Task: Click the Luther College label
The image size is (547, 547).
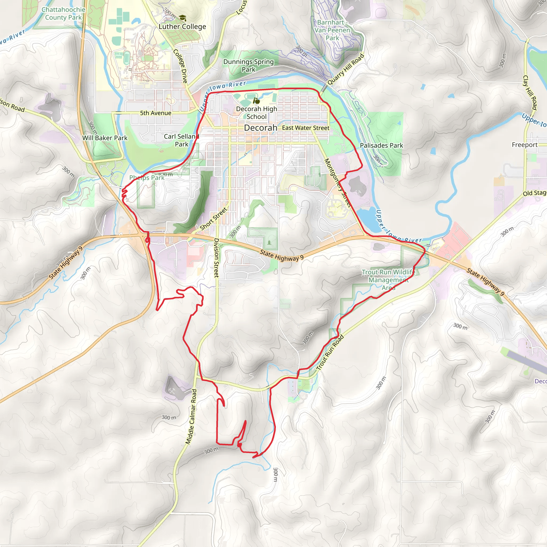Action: click(182, 27)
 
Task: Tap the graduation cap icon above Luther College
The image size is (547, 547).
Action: click(183, 18)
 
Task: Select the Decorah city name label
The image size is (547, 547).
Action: click(260, 128)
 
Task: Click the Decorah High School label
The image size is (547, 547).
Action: click(256, 113)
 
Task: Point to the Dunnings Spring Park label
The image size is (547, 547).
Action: click(248, 65)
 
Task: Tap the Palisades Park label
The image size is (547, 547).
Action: click(381, 146)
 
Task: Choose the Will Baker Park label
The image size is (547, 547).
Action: click(105, 138)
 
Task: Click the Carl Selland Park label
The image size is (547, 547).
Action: click(181, 140)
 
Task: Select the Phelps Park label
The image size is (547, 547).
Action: click(147, 178)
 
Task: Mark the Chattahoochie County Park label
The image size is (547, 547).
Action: click(63, 14)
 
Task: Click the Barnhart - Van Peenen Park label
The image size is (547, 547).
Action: click(332, 30)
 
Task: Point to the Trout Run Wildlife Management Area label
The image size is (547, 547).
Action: click(388, 280)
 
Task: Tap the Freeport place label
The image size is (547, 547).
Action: click(525, 145)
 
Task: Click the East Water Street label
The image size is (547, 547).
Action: click(306, 128)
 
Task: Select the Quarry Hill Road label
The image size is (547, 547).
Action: click(345, 69)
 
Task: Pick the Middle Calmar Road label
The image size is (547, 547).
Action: click(191, 416)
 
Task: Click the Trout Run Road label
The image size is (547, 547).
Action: click(330, 353)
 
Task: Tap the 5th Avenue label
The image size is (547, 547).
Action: click(156, 113)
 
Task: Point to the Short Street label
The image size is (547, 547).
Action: click(213, 219)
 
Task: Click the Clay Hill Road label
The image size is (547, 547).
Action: click(530, 93)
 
